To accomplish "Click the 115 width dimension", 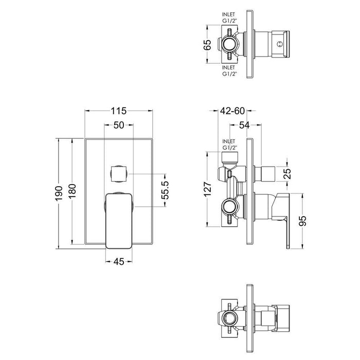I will tap(119, 110).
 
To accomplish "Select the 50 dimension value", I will tap(118, 125).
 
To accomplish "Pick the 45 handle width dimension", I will tap(119, 261).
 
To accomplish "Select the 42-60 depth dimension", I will tap(232, 110).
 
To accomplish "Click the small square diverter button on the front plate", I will tap(119, 174).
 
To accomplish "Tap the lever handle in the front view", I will tap(118, 219).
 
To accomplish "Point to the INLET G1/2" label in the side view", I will tap(228, 144).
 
